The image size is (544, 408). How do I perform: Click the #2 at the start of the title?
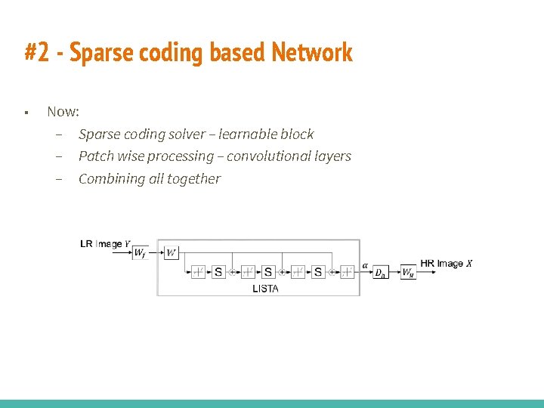pos(38,53)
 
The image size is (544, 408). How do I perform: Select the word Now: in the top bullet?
pos(63,111)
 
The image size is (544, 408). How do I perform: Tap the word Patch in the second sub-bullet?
pos(96,156)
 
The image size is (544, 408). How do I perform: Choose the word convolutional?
pos(267,156)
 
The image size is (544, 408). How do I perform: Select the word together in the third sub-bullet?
pos(194,179)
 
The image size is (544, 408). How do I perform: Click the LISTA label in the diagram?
pos(265,289)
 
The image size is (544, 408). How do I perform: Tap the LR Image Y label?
pos(105,244)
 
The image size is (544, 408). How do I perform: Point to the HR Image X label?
pos(446,263)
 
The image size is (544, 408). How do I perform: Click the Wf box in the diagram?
pos(140,254)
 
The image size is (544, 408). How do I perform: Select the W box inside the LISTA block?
pos(171,253)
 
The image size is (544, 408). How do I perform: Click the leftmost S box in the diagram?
pos(218,272)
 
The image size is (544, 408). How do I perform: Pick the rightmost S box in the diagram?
pos(318,272)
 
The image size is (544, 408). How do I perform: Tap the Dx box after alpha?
pos(382,273)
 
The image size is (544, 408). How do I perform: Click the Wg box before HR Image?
pos(407,273)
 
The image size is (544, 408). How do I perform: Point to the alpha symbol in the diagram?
pos(366,265)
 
